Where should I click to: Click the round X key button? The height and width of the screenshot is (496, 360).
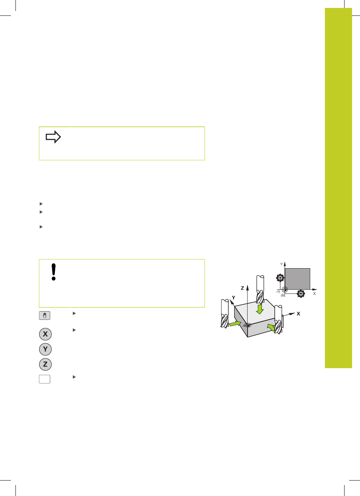45,334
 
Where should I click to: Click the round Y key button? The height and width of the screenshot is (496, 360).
45,349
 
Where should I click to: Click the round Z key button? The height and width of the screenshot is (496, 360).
45,364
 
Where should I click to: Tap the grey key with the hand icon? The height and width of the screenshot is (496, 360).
45,316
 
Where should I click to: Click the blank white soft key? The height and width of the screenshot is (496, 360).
45,379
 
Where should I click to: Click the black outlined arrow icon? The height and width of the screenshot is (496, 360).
53,137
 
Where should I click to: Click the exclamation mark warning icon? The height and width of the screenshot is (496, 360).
53,272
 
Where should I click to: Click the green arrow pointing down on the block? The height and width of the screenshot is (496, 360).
260,309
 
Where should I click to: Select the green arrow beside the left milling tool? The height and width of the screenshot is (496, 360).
235,324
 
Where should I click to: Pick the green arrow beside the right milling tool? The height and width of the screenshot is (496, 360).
271,327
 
